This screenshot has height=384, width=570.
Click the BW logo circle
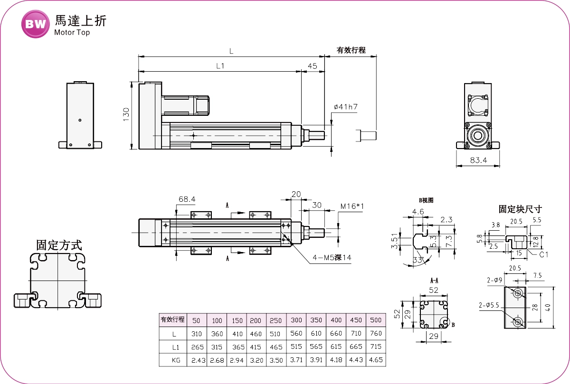[x=36, y=24]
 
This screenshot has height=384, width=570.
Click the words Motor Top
[x=72, y=33]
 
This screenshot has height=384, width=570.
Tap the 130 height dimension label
[x=126, y=114]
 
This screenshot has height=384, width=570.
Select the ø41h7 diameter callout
[x=345, y=107]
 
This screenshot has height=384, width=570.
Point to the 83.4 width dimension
[x=478, y=160]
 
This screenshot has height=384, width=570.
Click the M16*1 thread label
[x=352, y=206]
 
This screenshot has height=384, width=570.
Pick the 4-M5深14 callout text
[x=332, y=258]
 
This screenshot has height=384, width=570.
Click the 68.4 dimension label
[x=187, y=199]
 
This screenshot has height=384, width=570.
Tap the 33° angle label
[x=418, y=261]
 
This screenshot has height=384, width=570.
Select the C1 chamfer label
[x=544, y=254]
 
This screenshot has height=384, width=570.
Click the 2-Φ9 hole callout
[x=494, y=280]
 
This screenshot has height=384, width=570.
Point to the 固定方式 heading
[x=59, y=245]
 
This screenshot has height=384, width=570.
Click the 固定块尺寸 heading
[x=520, y=209]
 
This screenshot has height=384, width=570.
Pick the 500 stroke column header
[x=375, y=320]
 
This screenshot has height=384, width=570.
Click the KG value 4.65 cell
[x=375, y=361]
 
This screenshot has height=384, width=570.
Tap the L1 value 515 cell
[x=296, y=347]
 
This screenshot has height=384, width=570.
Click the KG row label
[x=174, y=361]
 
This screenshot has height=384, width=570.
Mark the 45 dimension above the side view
[x=312, y=66]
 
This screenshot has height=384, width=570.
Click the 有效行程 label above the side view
[x=351, y=50]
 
